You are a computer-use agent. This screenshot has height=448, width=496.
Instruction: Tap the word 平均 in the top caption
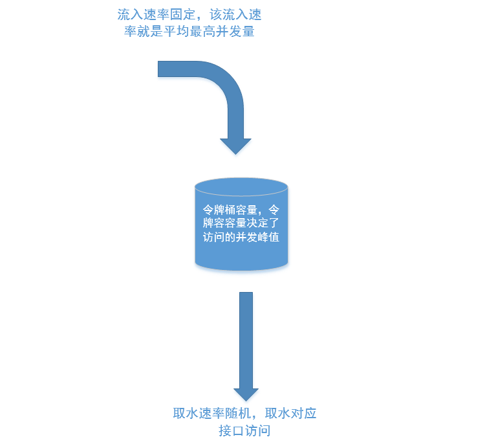coord(177,31)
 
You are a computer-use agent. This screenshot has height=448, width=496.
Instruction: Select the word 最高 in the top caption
coord(202,31)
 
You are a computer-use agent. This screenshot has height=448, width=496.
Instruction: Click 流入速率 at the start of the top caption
coord(144,14)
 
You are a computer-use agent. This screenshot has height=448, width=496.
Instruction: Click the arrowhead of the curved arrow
coord(235,145)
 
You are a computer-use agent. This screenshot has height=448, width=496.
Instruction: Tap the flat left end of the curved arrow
coord(162,69)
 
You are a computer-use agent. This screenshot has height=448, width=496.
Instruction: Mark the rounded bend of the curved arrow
coord(223,81)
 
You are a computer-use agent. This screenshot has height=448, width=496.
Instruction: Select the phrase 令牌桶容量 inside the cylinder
coord(230,210)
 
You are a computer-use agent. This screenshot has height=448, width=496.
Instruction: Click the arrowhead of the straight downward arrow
coord(246,394)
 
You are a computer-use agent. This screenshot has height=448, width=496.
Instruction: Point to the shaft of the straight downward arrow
coord(246,337)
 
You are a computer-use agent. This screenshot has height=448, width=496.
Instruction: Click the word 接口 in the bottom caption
coord(231,431)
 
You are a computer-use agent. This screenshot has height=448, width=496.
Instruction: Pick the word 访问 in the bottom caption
coord(257,431)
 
